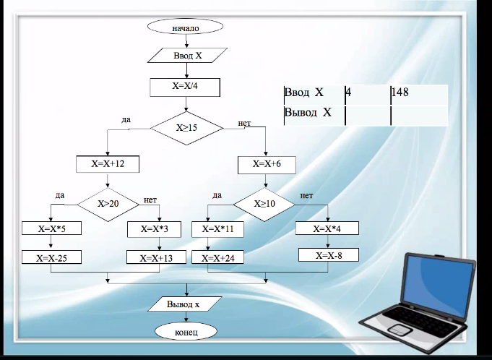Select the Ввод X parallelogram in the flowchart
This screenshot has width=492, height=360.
coord(187,55)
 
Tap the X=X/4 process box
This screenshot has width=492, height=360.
coord(185,86)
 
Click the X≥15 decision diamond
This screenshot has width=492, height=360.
coord(187,127)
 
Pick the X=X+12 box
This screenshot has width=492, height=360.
coord(108,164)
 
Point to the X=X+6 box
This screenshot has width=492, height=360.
coord(267,164)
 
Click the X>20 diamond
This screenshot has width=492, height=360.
coord(108,204)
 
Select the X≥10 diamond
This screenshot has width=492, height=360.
coord(265,204)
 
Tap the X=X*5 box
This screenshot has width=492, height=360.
coord(51,229)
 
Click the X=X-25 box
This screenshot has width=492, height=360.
coord(51,257)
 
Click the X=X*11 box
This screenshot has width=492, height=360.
coord(218,229)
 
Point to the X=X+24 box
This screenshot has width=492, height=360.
coord(218,257)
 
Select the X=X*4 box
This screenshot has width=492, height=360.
coord(328,228)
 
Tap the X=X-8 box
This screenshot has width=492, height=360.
coord(329,254)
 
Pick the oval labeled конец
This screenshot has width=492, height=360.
coord(186,331)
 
